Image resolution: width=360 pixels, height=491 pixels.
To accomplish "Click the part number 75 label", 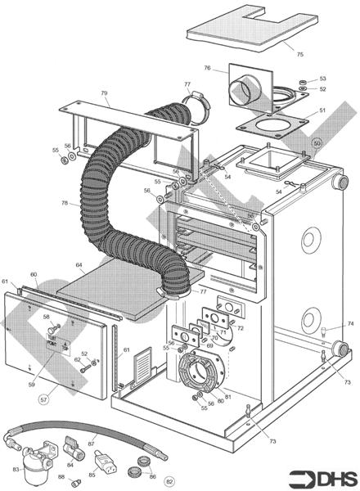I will click(299, 54).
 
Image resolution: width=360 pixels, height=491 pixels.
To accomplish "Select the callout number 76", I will click(207, 68).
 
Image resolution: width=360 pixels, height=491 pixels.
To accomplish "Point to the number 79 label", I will click(104, 94).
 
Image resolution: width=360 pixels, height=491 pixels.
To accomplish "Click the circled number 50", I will click(317, 142).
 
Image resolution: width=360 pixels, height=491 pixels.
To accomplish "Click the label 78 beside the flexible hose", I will click(65, 203).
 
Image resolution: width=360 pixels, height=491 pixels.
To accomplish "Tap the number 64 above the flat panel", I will click(79, 265).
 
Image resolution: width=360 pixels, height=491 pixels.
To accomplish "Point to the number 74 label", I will click(350, 324).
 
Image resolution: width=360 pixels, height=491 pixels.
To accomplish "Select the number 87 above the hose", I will click(91, 443).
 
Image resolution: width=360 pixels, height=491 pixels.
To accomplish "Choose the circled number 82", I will click(170, 481).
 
